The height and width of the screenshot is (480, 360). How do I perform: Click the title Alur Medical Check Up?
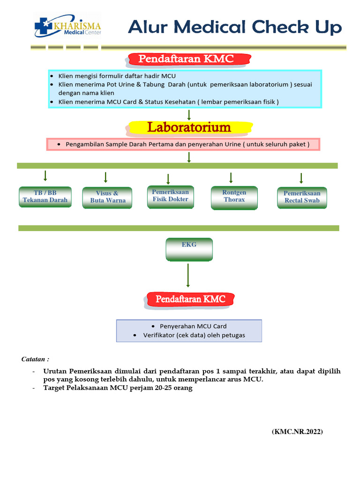tap(235, 27)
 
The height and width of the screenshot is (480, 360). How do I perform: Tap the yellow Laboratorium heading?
tap(189, 127)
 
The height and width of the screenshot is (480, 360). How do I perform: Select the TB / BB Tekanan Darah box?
tap(45, 197)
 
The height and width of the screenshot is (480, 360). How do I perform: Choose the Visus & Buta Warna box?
tap(107, 197)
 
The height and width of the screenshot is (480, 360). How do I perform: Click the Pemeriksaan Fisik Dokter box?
tap(170, 196)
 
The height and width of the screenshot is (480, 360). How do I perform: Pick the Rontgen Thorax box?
tap(234, 196)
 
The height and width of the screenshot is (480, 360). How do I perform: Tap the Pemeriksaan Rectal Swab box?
tap(302, 197)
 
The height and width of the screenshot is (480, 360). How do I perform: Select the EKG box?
tap(189, 248)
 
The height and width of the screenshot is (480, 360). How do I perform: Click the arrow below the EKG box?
tap(188, 275)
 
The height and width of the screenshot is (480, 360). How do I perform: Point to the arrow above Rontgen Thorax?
tap(231, 178)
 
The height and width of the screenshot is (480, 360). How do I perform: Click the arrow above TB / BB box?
tap(45, 176)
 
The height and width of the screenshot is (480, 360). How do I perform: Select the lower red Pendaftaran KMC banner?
tap(190, 299)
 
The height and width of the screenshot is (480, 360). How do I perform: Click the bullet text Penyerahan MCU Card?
tap(193, 326)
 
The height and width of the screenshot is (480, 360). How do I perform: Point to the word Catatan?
tap(35, 359)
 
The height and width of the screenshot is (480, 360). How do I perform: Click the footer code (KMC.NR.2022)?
tap(297, 432)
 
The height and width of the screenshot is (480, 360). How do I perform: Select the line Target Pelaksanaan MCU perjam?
tap(118, 388)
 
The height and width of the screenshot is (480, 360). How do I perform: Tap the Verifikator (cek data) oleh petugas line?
tap(194, 335)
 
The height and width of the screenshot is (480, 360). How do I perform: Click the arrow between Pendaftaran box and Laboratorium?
tap(188, 115)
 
